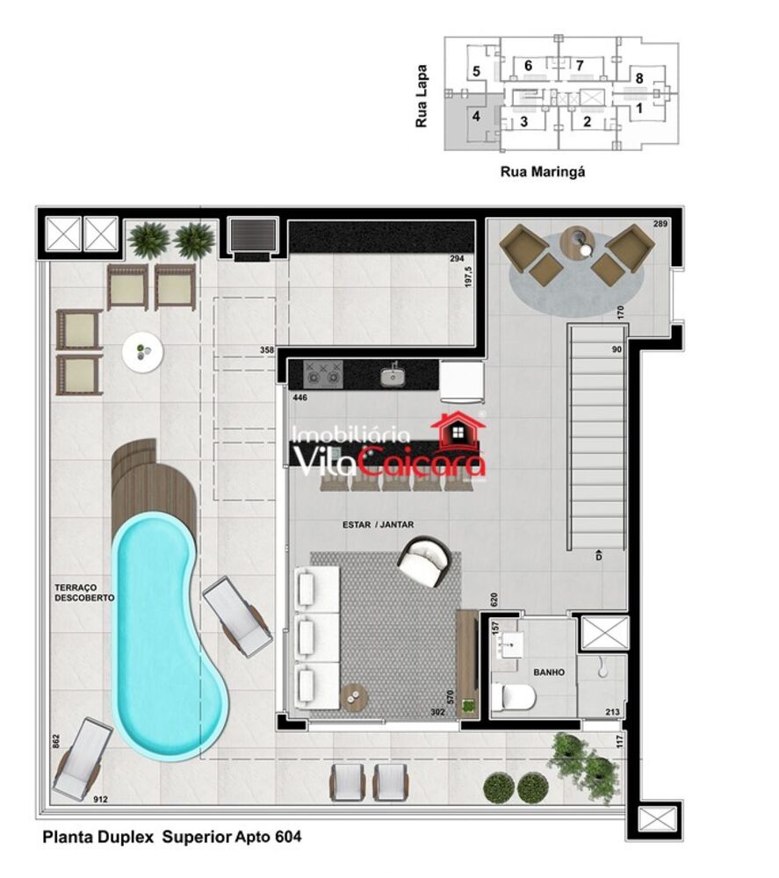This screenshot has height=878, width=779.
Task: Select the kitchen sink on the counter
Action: (393, 377)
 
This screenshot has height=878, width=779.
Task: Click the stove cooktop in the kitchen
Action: (321, 375)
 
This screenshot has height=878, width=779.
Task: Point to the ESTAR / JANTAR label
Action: (378, 525)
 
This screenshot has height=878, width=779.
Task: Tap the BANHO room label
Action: (548, 673)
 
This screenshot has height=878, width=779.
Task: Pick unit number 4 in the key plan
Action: (476, 115)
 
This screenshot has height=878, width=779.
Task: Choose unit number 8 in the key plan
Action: (639, 79)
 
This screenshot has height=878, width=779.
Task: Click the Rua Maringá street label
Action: (542, 172)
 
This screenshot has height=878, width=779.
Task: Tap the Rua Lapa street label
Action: (422, 96)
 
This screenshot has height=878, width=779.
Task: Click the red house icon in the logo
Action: (458, 431)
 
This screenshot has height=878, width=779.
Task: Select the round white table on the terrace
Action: (142, 352)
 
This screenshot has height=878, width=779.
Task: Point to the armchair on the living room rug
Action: (426, 561)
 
